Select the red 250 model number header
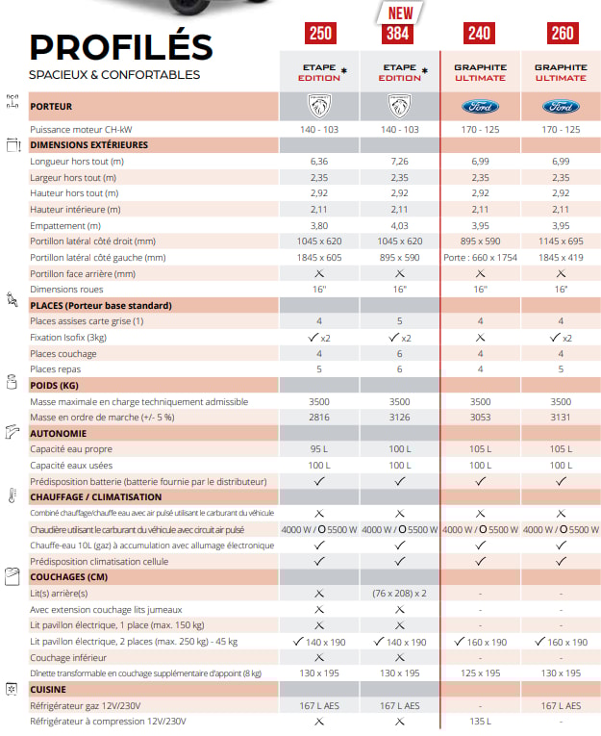click(320, 35)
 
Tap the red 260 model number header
click(561, 35)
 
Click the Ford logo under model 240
click(480, 106)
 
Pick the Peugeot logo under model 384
click(399, 106)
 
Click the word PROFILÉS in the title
click(121, 46)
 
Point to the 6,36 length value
click(319, 162)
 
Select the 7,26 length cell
click(399, 162)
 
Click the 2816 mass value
click(319, 418)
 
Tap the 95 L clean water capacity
click(319, 449)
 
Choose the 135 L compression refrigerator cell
click(480, 722)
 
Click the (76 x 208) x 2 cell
click(399, 594)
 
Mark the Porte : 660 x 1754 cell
click(480, 258)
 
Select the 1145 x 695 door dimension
click(561, 241)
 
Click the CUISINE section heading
click(49, 690)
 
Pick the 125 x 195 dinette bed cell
click(480, 673)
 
